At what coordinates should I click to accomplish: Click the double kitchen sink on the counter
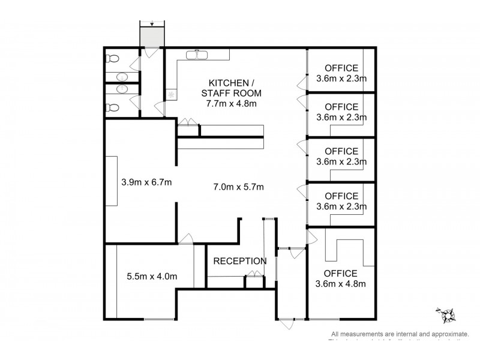tap(196, 55)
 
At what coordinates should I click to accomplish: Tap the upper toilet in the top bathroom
tap(112, 59)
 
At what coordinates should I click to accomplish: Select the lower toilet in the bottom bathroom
tap(112, 108)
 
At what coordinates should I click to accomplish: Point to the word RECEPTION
tap(240, 261)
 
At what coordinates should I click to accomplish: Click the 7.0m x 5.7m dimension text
tap(239, 187)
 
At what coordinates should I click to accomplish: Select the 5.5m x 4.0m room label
tap(152, 277)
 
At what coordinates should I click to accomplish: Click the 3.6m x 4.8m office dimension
tap(341, 284)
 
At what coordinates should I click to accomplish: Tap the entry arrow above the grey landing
tap(152, 24)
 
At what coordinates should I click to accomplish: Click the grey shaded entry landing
tap(152, 37)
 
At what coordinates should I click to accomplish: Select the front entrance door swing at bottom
tap(286, 323)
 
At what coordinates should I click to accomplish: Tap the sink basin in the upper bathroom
tap(122, 77)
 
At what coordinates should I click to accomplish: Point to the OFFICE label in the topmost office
tap(341, 68)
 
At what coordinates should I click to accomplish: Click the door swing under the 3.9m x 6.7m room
tap(187, 238)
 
